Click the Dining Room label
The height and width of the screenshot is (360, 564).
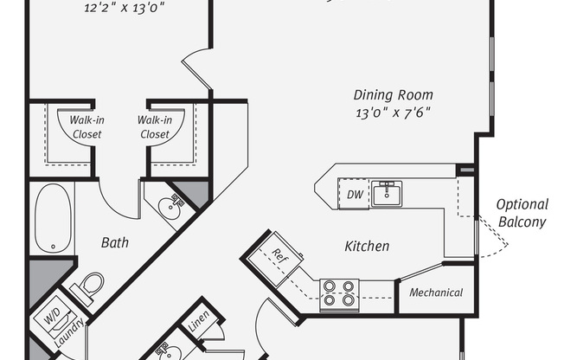tap(394, 95)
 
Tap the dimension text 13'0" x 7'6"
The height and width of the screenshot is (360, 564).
tap(393, 112)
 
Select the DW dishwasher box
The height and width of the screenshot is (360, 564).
tap(355, 195)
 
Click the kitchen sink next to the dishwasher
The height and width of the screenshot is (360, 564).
tap(388, 193)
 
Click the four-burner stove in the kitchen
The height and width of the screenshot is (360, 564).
tap(339, 294)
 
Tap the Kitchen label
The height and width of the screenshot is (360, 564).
tap(367, 247)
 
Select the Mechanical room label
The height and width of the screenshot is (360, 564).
tap(436, 292)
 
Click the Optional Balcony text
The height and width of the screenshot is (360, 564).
tap(522, 214)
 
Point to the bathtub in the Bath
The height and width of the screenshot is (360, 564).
tap(51, 217)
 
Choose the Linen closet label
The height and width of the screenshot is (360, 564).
tap(196, 330)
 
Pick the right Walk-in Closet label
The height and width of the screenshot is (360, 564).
tap(154, 127)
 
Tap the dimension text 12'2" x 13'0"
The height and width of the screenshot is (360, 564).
tap(124, 8)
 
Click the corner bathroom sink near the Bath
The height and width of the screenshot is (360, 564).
tap(170, 205)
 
